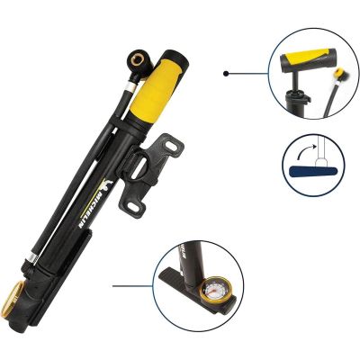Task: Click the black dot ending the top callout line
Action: tap(227, 73)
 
